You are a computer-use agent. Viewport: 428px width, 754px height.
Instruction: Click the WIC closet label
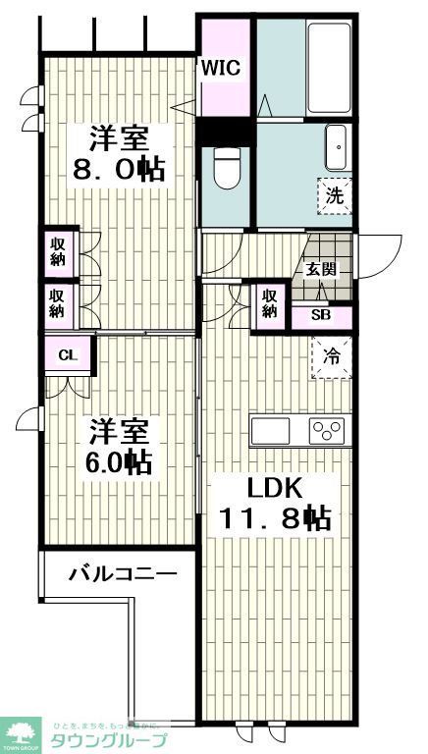(221, 68)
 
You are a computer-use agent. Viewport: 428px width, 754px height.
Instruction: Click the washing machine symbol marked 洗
(334, 193)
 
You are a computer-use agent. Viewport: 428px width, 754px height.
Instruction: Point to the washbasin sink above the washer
(337, 147)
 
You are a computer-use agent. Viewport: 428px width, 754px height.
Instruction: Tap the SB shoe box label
(321, 315)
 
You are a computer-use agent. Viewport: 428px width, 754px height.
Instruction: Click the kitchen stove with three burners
(327, 430)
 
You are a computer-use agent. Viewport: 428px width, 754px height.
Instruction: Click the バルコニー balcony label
(122, 574)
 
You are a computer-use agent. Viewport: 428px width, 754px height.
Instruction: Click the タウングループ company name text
(108, 741)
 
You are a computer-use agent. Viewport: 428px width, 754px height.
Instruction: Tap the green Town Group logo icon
(20, 732)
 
